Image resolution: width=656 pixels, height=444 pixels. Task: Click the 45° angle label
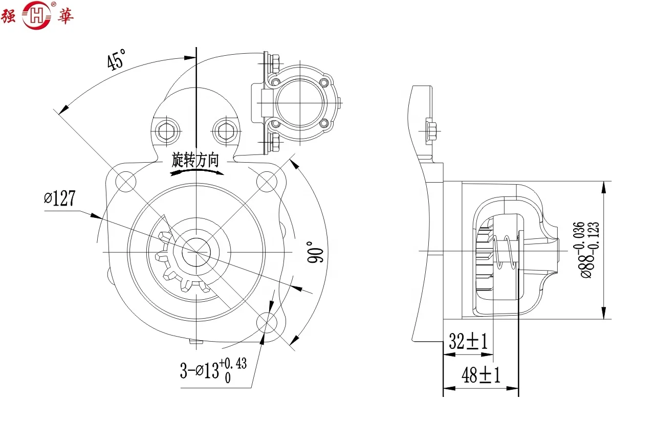116,60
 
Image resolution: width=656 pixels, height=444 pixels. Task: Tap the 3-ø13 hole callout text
212,369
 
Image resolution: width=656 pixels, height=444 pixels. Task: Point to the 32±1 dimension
468,341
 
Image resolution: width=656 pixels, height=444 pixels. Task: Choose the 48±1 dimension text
480,375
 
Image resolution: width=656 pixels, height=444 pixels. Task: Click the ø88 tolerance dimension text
584,250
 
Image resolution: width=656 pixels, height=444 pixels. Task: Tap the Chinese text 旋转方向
195,160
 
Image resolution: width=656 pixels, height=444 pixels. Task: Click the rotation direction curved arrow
197,172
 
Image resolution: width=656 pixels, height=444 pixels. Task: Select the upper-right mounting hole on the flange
266,181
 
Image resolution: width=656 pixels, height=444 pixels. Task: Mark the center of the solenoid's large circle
300,103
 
